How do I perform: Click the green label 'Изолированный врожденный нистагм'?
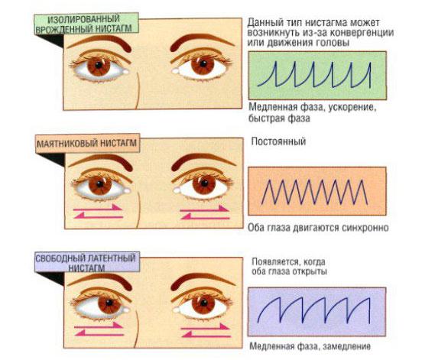coord(87,24)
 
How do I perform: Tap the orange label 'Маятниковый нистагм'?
coord(88,144)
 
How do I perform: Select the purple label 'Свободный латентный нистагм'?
coord(87,262)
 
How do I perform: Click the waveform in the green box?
coord(314,74)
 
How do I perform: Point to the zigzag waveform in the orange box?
coord(314,192)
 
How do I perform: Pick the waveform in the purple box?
coord(313,310)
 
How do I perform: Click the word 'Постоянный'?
coord(278,141)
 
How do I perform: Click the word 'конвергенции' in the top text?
coord(362,33)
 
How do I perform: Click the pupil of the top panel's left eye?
coord(99,65)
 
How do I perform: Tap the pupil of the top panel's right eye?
coord(203,63)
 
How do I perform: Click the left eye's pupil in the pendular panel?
coord(99,183)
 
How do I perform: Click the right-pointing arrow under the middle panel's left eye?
coord(98,208)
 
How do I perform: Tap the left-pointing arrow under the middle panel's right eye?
coord(205,217)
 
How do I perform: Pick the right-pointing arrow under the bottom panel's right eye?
coord(205,327)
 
